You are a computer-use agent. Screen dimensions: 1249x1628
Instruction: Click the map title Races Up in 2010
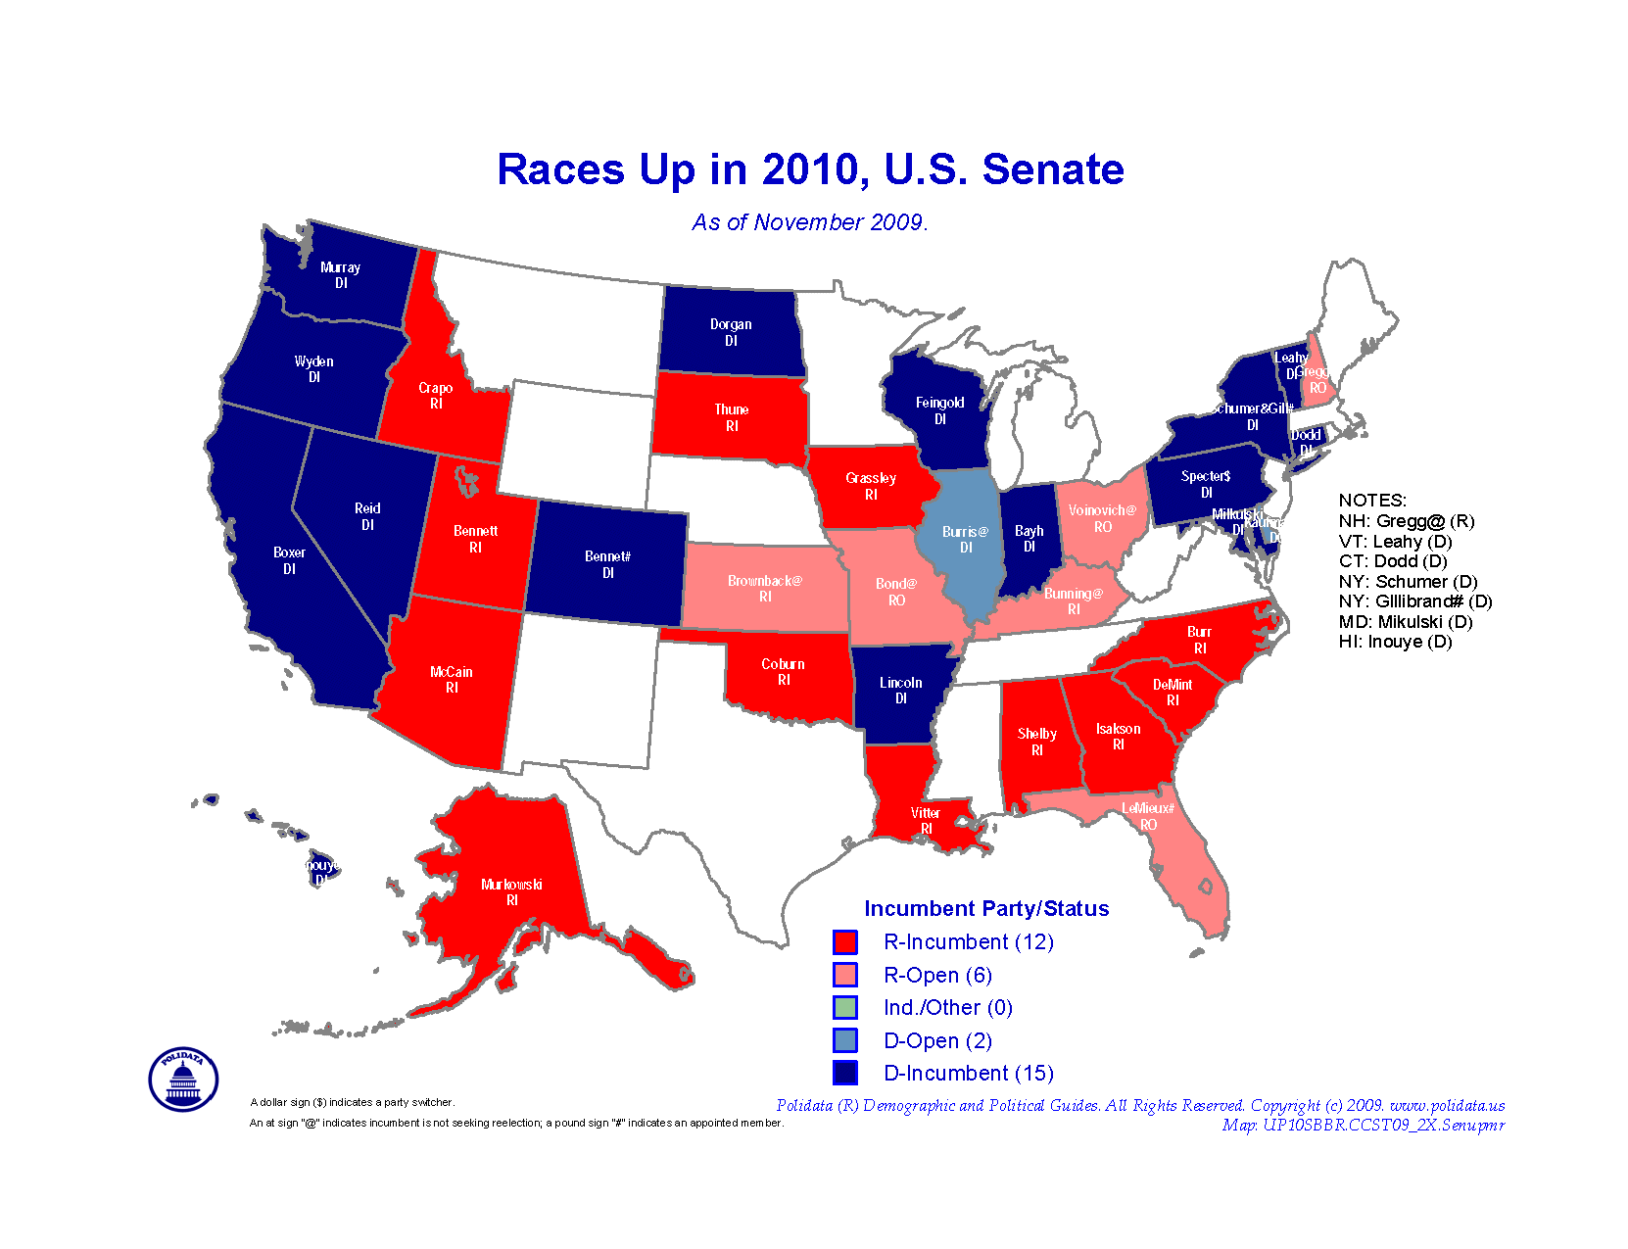[x=810, y=169]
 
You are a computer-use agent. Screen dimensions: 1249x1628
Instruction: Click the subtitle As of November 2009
[x=809, y=223]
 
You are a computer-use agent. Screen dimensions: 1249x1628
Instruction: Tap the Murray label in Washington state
[x=340, y=268]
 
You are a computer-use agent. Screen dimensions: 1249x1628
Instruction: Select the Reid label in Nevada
[x=367, y=509]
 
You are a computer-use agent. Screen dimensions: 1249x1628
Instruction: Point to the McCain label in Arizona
[x=451, y=673]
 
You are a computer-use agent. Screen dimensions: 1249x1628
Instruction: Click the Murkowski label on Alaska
[x=511, y=886]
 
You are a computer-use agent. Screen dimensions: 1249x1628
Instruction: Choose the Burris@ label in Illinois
[x=965, y=533]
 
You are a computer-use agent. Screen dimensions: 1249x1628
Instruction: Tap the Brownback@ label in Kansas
[x=764, y=582]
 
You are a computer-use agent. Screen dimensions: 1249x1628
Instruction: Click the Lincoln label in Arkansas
[x=900, y=684]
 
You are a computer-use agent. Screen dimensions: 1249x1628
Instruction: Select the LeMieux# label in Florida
[x=1147, y=809]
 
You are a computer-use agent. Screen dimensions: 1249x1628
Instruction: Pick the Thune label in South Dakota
[x=731, y=410]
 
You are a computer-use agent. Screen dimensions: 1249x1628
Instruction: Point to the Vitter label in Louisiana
[x=925, y=814]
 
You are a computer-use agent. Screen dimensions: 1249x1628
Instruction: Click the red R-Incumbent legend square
[x=845, y=942]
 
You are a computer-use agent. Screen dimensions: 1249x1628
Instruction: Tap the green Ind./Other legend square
[x=845, y=1008]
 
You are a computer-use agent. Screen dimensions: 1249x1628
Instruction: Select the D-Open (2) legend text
[x=937, y=1041]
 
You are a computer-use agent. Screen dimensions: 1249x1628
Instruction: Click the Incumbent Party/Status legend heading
[x=986, y=909]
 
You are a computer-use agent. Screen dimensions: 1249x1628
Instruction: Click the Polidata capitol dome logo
[x=183, y=1080]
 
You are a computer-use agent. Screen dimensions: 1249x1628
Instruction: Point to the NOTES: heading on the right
[x=1371, y=501]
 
